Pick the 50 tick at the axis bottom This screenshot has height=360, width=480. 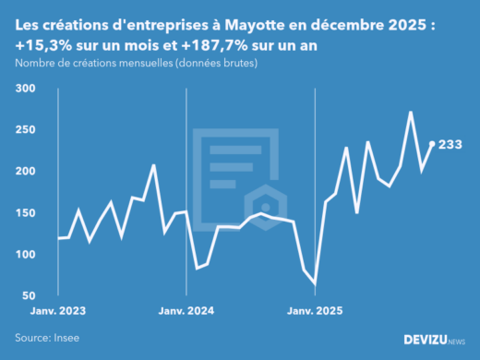click(29, 295)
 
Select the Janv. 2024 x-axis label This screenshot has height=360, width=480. click(187, 312)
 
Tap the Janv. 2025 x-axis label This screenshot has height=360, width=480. click(316, 312)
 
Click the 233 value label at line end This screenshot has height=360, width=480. click(450, 145)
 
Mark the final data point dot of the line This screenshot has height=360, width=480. click(432, 144)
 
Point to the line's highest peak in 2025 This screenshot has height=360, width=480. click(411, 113)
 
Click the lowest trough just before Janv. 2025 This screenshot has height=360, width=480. click(315, 283)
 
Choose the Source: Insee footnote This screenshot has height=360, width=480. click(46, 338)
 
